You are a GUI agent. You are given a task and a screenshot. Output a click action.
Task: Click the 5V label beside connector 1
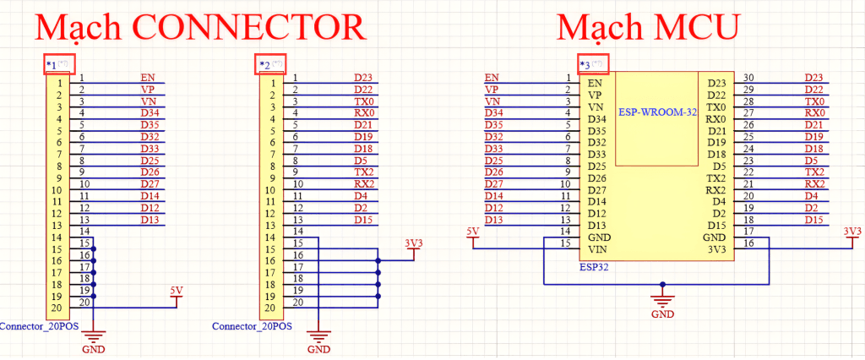(x=176, y=291)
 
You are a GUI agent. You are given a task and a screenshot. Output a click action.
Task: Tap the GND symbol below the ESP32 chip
(x=663, y=303)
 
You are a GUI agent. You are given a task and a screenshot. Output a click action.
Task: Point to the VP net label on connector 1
(x=147, y=89)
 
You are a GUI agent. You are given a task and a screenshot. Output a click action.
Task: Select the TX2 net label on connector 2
(x=364, y=172)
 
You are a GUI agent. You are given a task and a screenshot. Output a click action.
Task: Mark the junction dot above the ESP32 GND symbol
(x=663, y=284)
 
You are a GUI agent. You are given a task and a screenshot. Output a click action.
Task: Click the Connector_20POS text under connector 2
(x=253, y=326)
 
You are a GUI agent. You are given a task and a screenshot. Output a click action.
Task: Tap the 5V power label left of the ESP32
(x=474, y=231)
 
